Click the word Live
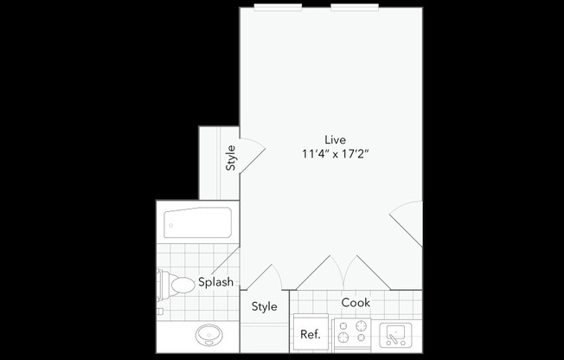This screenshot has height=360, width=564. [x=335, y=139]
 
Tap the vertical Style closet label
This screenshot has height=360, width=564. [x=230, y=158]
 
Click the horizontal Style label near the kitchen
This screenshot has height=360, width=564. [x=264, y=306]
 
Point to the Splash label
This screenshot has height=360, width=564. [x=215, y=282]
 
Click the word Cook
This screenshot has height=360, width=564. [x=356, y=303]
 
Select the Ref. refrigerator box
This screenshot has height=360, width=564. [x=309, y=334]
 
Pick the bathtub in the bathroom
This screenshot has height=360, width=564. [x=198, y=223]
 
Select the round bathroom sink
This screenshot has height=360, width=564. [x=208, y=334]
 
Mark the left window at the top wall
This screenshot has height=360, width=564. [x=278, y=7]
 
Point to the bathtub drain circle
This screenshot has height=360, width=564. [x=170, y=225]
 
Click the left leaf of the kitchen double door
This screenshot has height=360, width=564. [x=320, y=272]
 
